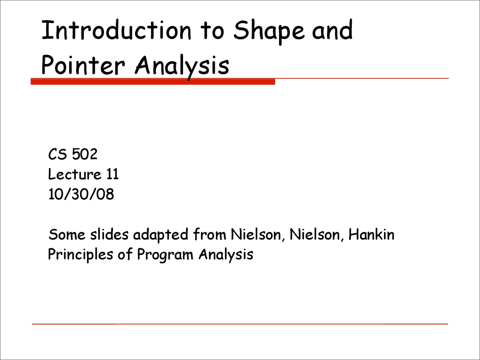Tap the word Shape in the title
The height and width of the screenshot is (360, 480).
point(269,32)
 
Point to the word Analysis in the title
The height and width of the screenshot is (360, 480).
point(182,67)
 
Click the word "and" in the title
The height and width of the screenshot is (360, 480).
point(332,30)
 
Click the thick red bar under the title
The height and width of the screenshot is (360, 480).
point(153,81)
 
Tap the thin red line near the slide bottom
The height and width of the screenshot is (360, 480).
point(240,324)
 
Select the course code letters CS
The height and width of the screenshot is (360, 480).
point(57,154)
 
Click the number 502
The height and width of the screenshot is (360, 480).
point(85,154)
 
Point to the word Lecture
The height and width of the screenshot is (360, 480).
point(75,174)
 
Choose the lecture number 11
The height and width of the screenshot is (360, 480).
point(112,174)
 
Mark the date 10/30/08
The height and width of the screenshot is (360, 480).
point(81,194)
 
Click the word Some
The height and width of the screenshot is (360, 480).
point(67,234)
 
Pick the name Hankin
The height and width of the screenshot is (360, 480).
point(372,234)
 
